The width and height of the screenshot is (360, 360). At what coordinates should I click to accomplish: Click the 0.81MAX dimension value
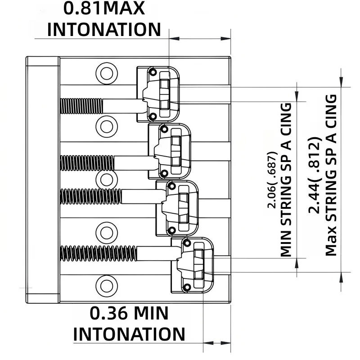pos(104,9)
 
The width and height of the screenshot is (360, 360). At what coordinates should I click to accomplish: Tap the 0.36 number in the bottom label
pos(106,313)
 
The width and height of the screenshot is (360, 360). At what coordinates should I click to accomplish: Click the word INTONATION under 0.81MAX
pos(104,30)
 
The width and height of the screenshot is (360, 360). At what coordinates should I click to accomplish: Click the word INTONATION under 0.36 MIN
pos(129,334)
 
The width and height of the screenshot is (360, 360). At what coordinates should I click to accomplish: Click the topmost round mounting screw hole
pos(107,74)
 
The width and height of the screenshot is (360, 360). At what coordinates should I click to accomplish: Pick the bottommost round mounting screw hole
pos(107,286)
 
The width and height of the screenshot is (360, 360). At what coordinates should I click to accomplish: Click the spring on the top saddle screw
pos(81,106)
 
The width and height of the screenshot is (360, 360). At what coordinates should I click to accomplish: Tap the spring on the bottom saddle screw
pos(99,253)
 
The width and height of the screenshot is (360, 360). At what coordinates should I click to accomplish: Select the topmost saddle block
pos(158,94)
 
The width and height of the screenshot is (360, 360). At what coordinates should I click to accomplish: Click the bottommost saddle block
pos(192,265)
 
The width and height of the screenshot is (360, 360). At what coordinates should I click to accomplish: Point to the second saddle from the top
pos(170,151)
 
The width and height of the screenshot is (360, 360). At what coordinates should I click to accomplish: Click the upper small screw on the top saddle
pos(153,72)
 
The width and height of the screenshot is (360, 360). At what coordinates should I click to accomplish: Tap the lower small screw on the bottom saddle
pos(187,287)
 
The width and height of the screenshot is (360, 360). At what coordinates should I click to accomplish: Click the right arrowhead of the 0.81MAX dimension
pos(226,39)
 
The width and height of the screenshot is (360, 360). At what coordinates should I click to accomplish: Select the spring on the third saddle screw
pos(91,196)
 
